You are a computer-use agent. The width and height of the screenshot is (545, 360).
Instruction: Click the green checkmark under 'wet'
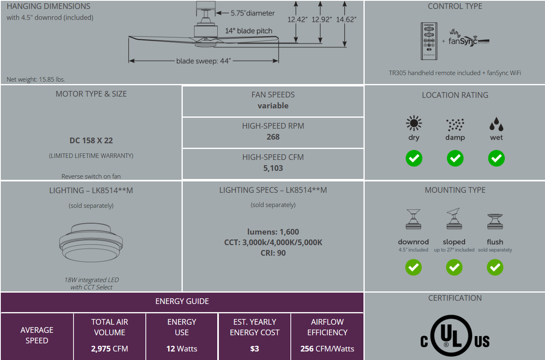coord(496,158)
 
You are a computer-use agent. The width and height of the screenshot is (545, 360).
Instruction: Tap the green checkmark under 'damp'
coord(455,158)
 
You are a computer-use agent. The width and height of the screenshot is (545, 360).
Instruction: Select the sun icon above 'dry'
coord(414,123)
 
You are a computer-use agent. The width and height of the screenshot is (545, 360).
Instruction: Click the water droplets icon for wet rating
coord(496,124)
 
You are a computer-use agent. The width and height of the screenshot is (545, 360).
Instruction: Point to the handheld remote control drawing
coord(429,41)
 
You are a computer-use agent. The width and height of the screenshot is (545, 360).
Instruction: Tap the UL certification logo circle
coord(451,336)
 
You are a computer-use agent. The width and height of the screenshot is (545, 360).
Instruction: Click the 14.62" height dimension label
coord(346,19)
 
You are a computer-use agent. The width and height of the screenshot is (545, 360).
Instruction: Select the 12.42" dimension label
coord(297,19)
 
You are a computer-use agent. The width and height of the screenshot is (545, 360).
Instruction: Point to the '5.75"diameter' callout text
coord(253,13)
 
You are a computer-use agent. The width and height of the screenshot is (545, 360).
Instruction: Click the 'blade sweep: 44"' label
coord(203,61)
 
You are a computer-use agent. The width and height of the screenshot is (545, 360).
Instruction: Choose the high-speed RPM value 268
coord(273,137)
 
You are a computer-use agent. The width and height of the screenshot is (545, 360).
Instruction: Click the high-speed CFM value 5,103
coord(273,168)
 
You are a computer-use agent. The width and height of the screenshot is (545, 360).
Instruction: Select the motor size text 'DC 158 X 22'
coord(91,140)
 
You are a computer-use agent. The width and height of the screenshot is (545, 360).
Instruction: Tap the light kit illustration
coord(91,242)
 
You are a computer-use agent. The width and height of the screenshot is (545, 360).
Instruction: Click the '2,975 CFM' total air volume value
coord(110,349)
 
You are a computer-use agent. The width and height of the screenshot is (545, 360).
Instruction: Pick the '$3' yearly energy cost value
coord(255,349)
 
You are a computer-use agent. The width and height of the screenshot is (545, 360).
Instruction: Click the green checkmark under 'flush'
coord(495,267)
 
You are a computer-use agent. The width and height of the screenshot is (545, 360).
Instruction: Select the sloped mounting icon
coord(454,218)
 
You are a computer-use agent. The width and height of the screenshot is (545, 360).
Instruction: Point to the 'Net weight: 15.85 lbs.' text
coord(36,80)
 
